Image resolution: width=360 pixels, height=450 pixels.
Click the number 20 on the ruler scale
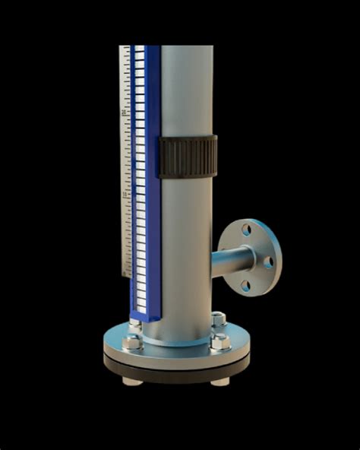(124, 113)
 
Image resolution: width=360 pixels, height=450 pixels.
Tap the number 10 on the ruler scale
(124, 195)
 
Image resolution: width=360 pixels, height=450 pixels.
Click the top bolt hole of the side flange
(247, 229)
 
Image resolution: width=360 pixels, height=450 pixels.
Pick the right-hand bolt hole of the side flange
(268, 261)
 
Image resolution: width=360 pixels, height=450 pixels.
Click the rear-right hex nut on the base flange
(218, 318)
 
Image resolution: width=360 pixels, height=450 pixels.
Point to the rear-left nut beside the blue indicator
(135, 325)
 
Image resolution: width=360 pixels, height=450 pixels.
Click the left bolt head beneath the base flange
(131, 379)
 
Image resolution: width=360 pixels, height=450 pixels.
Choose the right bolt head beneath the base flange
(220, 380)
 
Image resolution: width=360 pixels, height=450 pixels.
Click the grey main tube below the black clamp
(186, 243)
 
